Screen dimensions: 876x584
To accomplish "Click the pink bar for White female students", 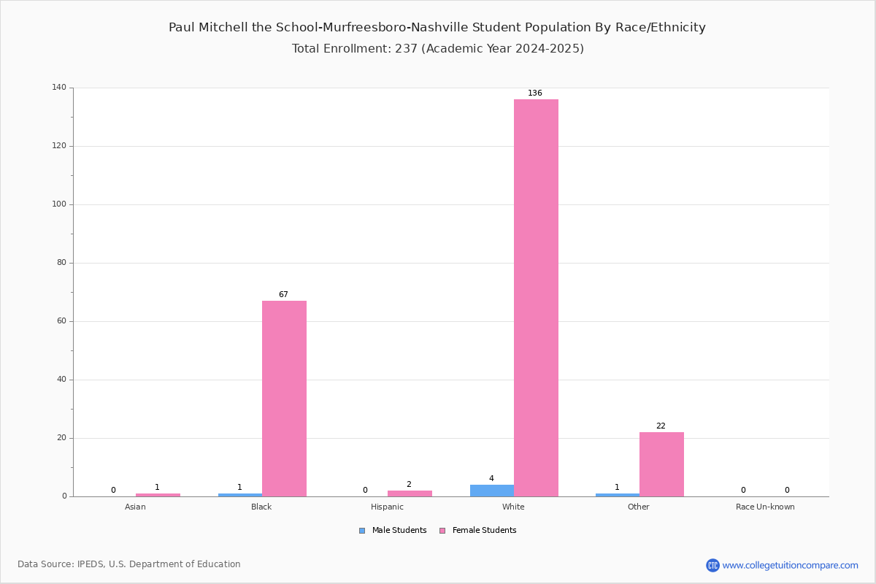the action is pyautogui.click(x=536, y=298).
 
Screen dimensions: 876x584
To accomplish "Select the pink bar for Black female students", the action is pyautogui.click(x=284, y=399).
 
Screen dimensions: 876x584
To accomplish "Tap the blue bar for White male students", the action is pyautogui.click(x=492, y=491).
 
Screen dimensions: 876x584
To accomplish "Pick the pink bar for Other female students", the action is pyautogui.click(x=661, y=464).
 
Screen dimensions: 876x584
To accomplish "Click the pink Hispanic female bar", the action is pyautogui.click(x=410, y=493).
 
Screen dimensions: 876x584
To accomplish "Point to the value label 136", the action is pyautogui.click(x=535, y=93).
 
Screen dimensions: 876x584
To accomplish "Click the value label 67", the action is pyautogui.click(x=283, y=294).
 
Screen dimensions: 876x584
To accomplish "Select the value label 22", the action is pyautogui.click(x=661, y=426).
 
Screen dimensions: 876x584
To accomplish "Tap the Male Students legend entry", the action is pyautogui.click(x=393, y=530).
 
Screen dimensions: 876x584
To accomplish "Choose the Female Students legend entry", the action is pyautogui.click(x=478, y=530).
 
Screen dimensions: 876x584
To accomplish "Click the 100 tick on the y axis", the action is pyautogui.click(x=59, y=204).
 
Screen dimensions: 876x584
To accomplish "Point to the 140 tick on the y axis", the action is pyautogui.click(x=59, y=87).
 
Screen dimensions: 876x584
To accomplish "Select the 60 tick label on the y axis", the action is pyautogui.click(x=62, y=320).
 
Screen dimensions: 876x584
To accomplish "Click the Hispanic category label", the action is pyautogui.click(x=387, y=507).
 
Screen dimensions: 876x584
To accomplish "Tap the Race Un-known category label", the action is pyautogui.click(x=765, y=507).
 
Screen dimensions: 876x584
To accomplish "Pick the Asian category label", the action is pyautogui.click(x=135, y=507).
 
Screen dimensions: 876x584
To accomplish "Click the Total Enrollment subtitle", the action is pyautogui.click(x=438, y=48).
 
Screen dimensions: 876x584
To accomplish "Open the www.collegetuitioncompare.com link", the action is pyautogui.click(x=790, y=565).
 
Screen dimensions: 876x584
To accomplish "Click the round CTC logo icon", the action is pyautogui.click(x=712, y=565).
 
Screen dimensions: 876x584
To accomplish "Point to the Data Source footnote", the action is pyautogui.click(x=129, y=564).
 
